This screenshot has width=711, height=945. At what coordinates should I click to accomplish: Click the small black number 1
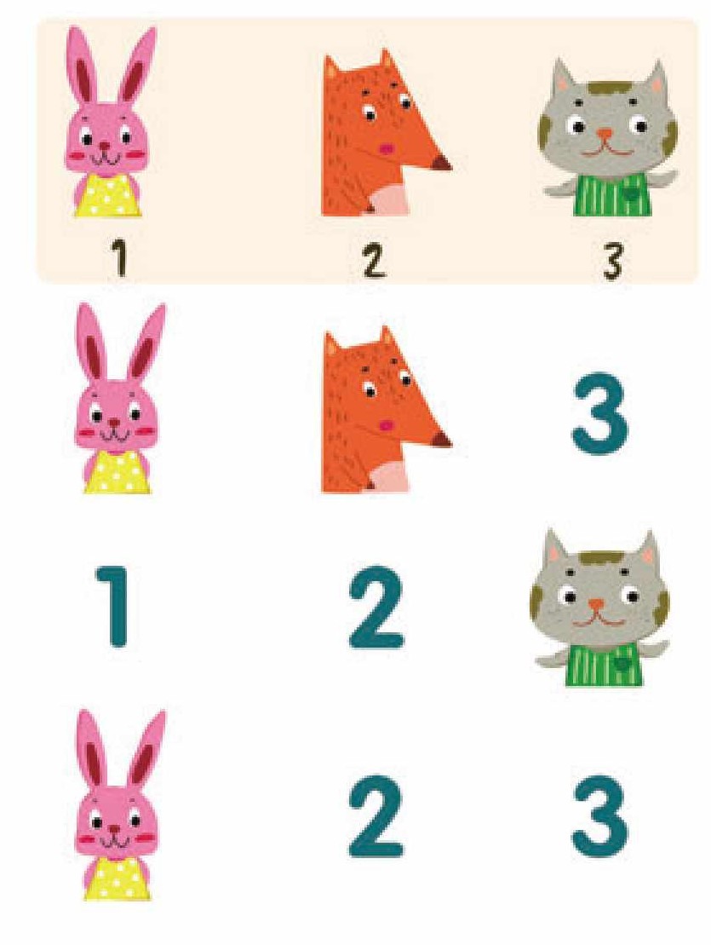[120, 258]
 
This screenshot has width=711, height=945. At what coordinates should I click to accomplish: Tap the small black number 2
[374, 260]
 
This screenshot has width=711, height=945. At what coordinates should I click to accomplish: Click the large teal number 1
[113, 606]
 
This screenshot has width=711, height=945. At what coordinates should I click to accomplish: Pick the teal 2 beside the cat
[376, 607]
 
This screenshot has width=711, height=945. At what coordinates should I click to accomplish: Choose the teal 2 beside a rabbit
[376, 816]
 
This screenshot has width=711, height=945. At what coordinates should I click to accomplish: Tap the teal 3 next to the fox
[599, 413]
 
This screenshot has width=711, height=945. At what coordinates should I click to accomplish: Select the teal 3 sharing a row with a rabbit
[599, 816]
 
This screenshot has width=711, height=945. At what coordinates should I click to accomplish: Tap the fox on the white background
[385, 410]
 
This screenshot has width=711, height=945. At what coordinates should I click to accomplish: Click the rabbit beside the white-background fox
[117, 399]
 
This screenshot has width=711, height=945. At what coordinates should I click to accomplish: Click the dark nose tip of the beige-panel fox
[443, 163]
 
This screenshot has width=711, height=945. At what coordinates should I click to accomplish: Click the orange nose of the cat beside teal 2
[596, 604]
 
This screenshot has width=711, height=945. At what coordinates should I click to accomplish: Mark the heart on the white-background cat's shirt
[621, 665]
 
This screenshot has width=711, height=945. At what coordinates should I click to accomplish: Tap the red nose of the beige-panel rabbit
[105, 146]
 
